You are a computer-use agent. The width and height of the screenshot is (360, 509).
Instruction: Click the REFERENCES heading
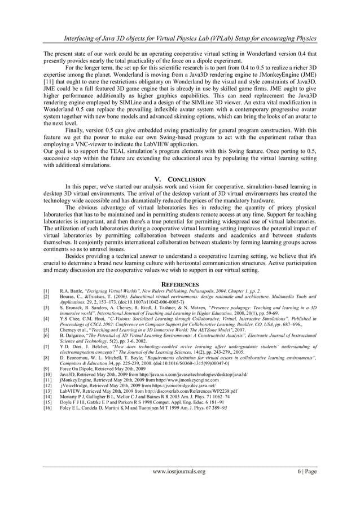click(x=180, y=284)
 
